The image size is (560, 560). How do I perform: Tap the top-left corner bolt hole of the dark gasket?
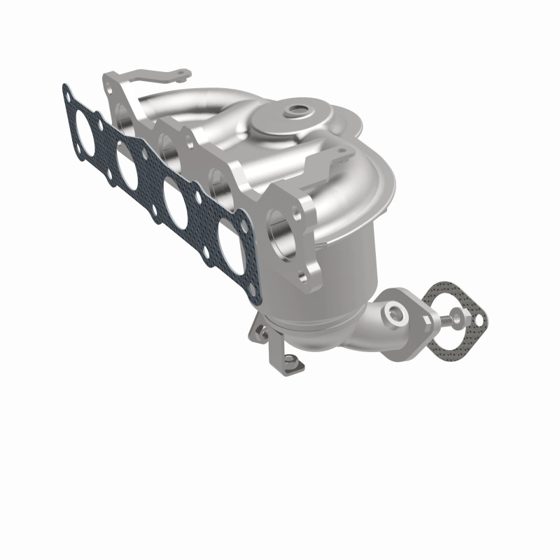(67, 90)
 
